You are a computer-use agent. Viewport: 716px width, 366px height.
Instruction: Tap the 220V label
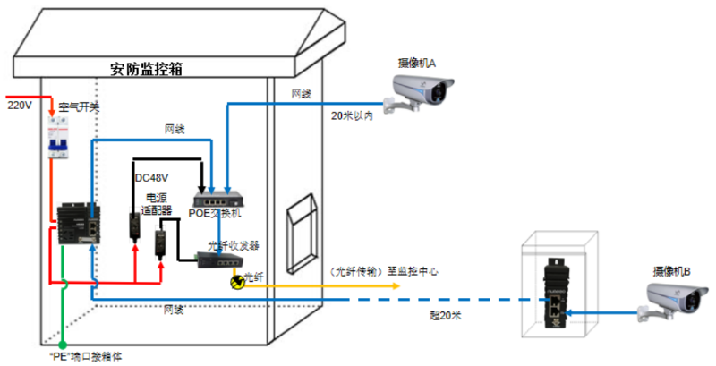pyautogui.click(x=19, y=106)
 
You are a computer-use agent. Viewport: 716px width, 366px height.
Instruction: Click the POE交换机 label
pyautogui.click(x=215, y=213)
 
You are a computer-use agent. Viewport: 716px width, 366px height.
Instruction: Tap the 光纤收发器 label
pyautogui.click(x=234, y=244)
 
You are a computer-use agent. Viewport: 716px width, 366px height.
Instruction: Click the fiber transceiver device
pyautogui.click(x=220, y=260)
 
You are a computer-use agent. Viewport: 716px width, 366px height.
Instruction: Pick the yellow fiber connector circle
pyautogui.click(x=238, y=283)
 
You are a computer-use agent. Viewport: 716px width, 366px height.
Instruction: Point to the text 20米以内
pyautogui.click(x=352, y=115)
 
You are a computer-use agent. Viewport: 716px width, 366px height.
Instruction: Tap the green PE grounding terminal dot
pyautogui.click(x=63, y=345)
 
